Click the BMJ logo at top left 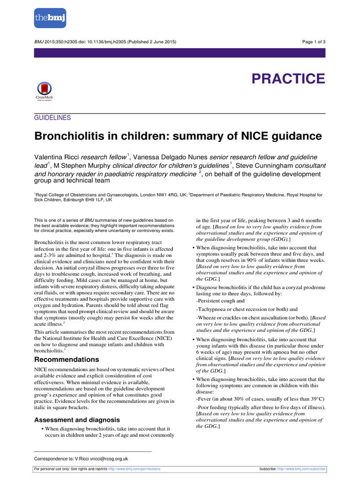click(x=50, y=18)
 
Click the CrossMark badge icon click(x=44, y=91)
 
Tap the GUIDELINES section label click(x=52, y=118)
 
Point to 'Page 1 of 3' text click(x=314, y=42)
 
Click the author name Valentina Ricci click(x=57, y=157)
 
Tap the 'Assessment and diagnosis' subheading click(x=77, y=420)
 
